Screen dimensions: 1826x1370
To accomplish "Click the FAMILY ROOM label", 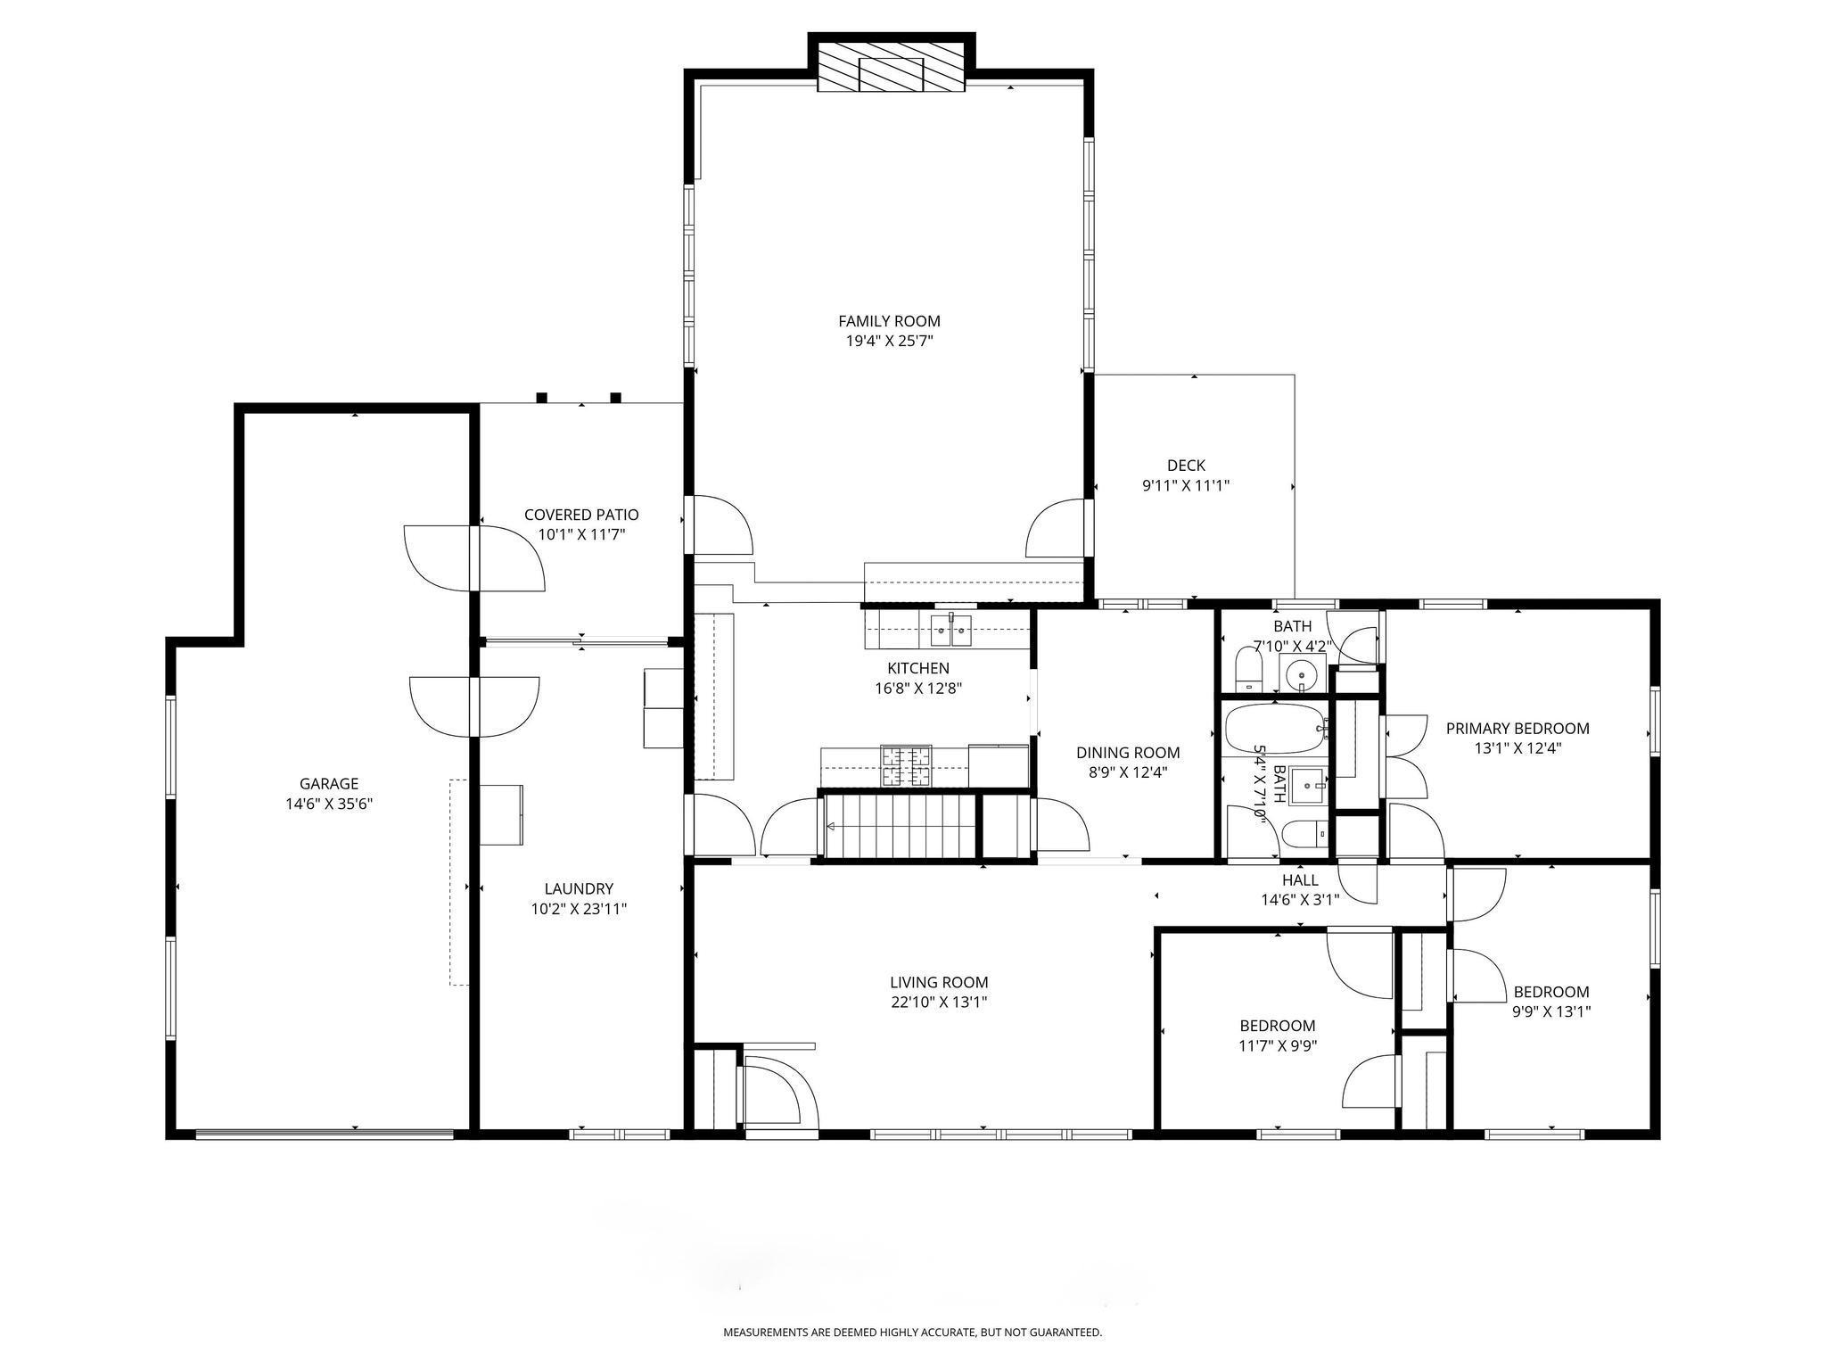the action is point(889,321).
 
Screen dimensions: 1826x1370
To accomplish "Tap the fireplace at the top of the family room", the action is point(892,63).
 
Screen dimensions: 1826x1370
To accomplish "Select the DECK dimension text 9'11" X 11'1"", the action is point(1186,486).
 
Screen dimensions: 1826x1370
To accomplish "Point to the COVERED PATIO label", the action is point(581,515).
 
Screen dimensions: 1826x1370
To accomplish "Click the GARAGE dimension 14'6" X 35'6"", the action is point(329,804).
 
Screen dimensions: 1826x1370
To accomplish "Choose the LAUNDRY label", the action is point(579,888).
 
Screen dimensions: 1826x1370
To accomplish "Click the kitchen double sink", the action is point(951,630).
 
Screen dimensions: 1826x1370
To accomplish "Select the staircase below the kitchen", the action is point(901,826).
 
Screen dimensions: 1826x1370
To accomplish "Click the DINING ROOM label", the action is point(1128,753).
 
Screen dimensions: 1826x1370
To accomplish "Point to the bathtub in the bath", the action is point(1276,730).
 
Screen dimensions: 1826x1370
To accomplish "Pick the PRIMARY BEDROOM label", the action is point(1518,729).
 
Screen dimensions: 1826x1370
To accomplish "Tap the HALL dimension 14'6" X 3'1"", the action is point(1300,900).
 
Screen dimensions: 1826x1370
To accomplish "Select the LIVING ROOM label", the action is point(939,983).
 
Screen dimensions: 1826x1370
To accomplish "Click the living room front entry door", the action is point(781,1093).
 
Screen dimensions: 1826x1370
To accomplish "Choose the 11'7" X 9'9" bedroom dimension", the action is point(1278,1045).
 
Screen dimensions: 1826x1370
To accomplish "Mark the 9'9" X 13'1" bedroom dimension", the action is point(1551,1011).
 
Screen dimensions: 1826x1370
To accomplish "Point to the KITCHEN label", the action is point(918,668).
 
